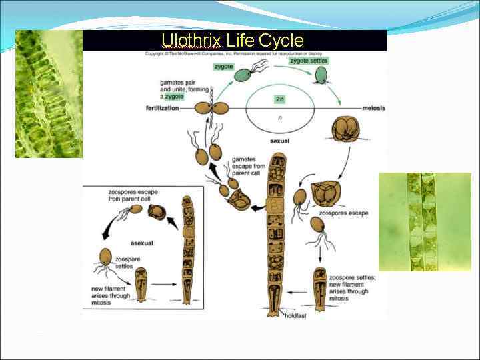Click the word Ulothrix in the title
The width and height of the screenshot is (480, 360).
tap(191, 41)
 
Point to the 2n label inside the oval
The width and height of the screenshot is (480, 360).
tap(281, 99)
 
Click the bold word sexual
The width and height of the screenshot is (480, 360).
tap(279, 141)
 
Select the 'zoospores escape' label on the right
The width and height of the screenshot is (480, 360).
tap(343, 213)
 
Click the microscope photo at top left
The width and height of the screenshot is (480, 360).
tap(48, 93)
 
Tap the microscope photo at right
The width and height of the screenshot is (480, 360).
tap(424, 221)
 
